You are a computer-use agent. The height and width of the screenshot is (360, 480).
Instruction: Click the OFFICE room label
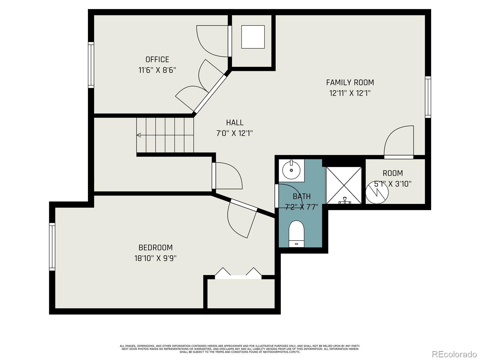tap(157, 59)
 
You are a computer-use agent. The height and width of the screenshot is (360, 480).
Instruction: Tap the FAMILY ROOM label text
tap(350, 82)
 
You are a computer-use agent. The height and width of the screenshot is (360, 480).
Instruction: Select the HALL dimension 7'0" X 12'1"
tap(235, 133)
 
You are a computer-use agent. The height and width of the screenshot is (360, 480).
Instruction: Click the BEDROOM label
tap(155, 247)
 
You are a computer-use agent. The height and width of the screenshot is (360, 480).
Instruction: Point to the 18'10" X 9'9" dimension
tap(155, 258)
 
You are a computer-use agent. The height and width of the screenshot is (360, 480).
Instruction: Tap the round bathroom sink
tap(291, 170)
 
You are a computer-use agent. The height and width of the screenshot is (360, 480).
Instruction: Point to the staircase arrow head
tap(139, 135)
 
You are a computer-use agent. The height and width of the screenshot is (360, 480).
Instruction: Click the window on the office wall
tap(91, 65)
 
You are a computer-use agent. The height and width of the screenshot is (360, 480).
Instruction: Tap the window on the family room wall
tap(428, 97)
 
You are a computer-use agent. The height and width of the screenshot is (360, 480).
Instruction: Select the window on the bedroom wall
tap(52, 247)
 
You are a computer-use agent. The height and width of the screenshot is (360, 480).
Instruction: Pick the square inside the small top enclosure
tap(253, 37)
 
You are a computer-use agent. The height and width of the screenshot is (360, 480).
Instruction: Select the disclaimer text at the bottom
tap(240, 349)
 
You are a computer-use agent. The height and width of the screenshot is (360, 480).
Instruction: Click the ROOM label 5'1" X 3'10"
tap(393, 178)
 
